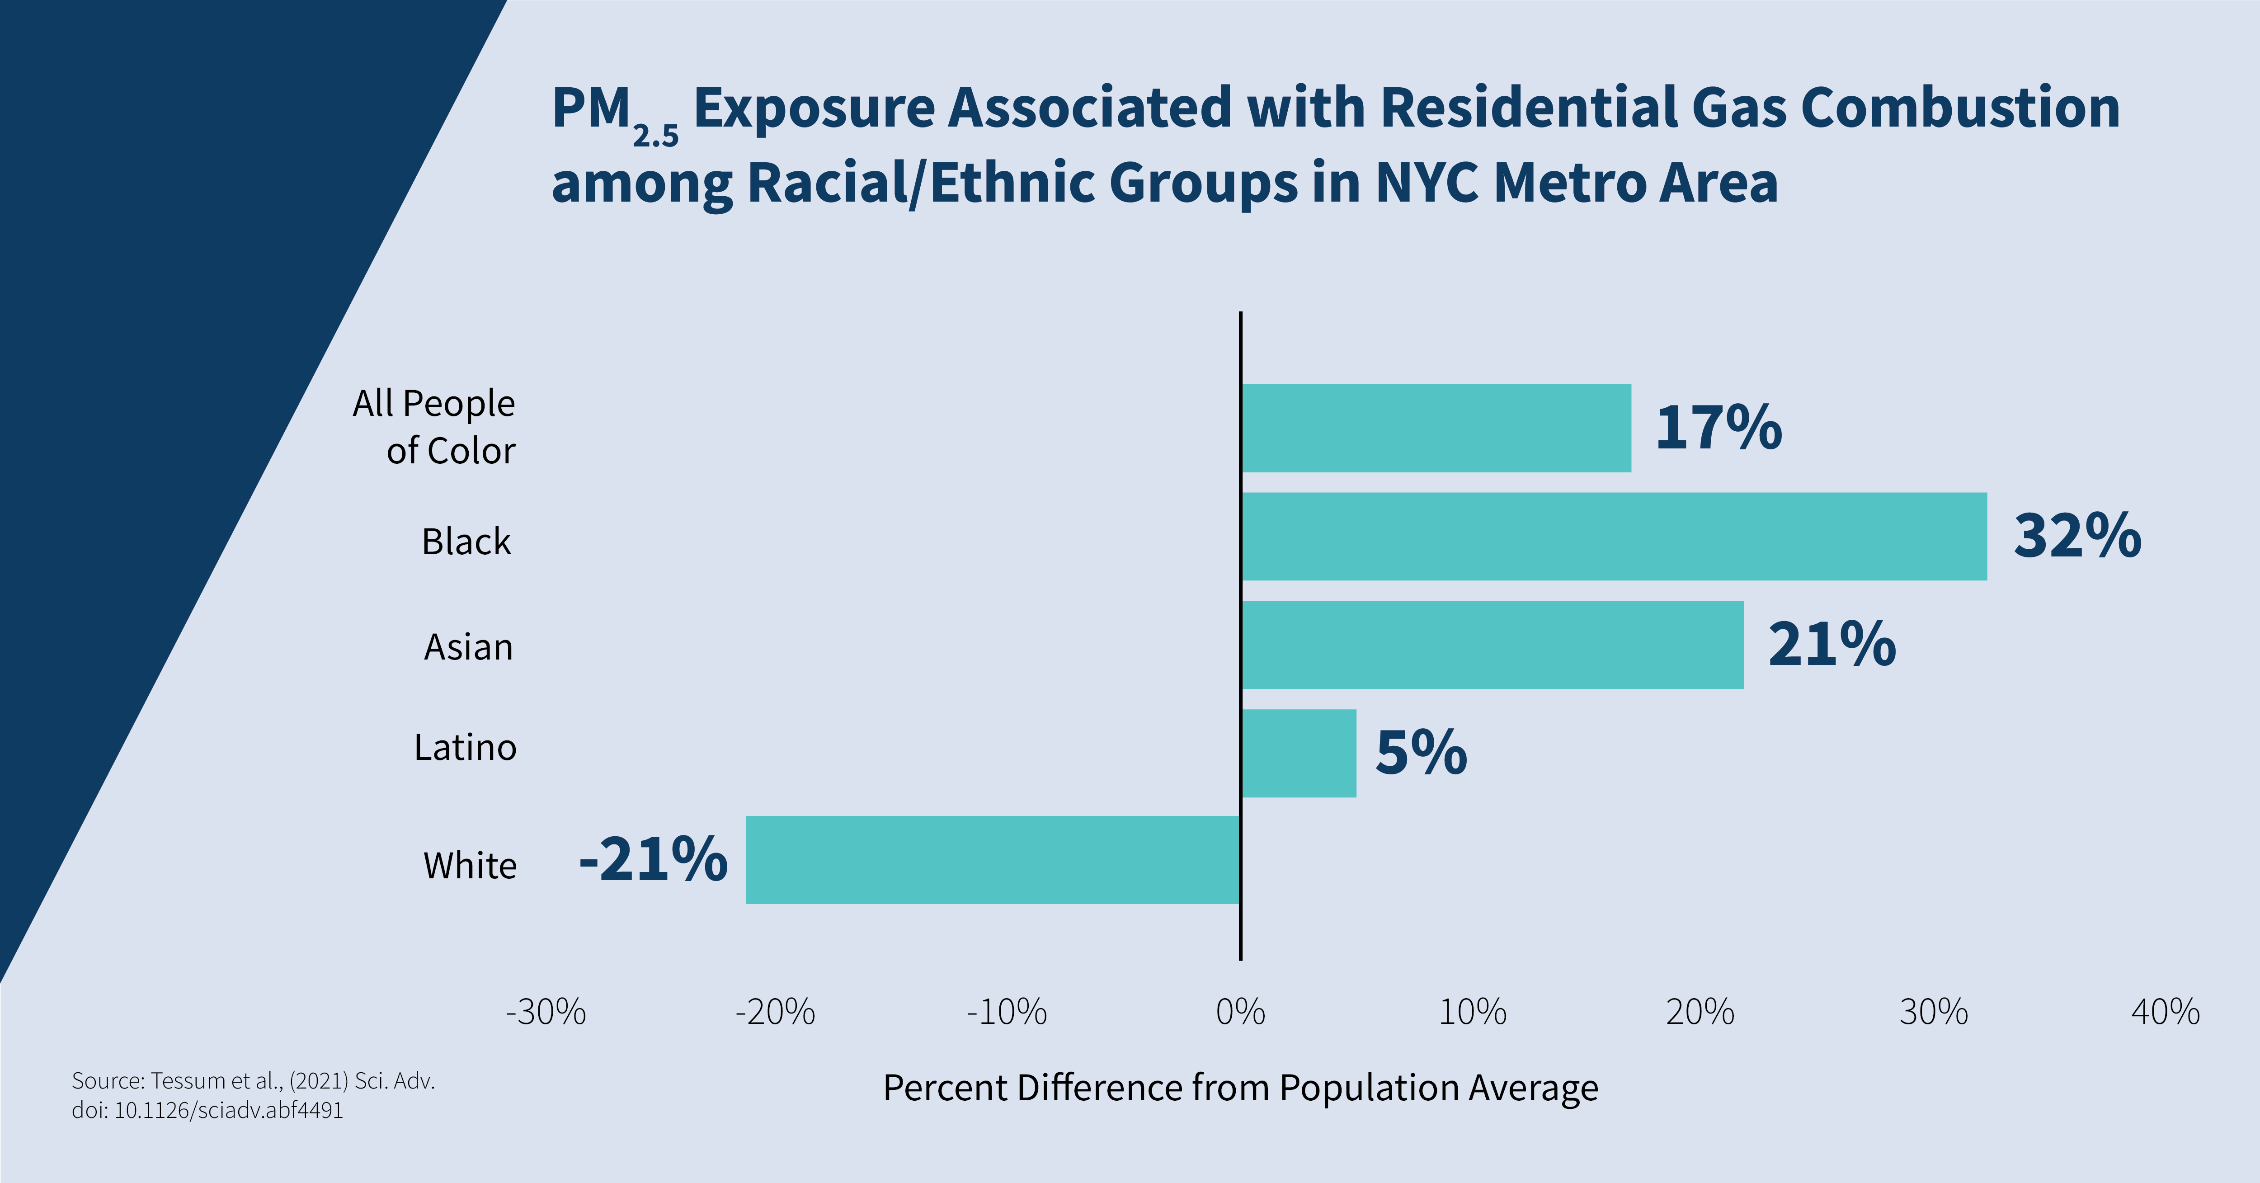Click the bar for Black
[x=1614, y=536]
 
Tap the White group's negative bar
[x=992, y=860]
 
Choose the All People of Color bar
[x=1436, y=428]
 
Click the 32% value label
[x=2076, y=536]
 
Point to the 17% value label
[x=1718, y=428]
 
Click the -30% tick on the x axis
[x=546, y=1012]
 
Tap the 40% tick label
[x=2165, y=1012]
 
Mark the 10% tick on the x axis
[x=1472, y=1012]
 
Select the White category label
[x=470, y=865]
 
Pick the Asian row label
[x=468, y=647]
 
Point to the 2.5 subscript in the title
[x=655, y=136]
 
